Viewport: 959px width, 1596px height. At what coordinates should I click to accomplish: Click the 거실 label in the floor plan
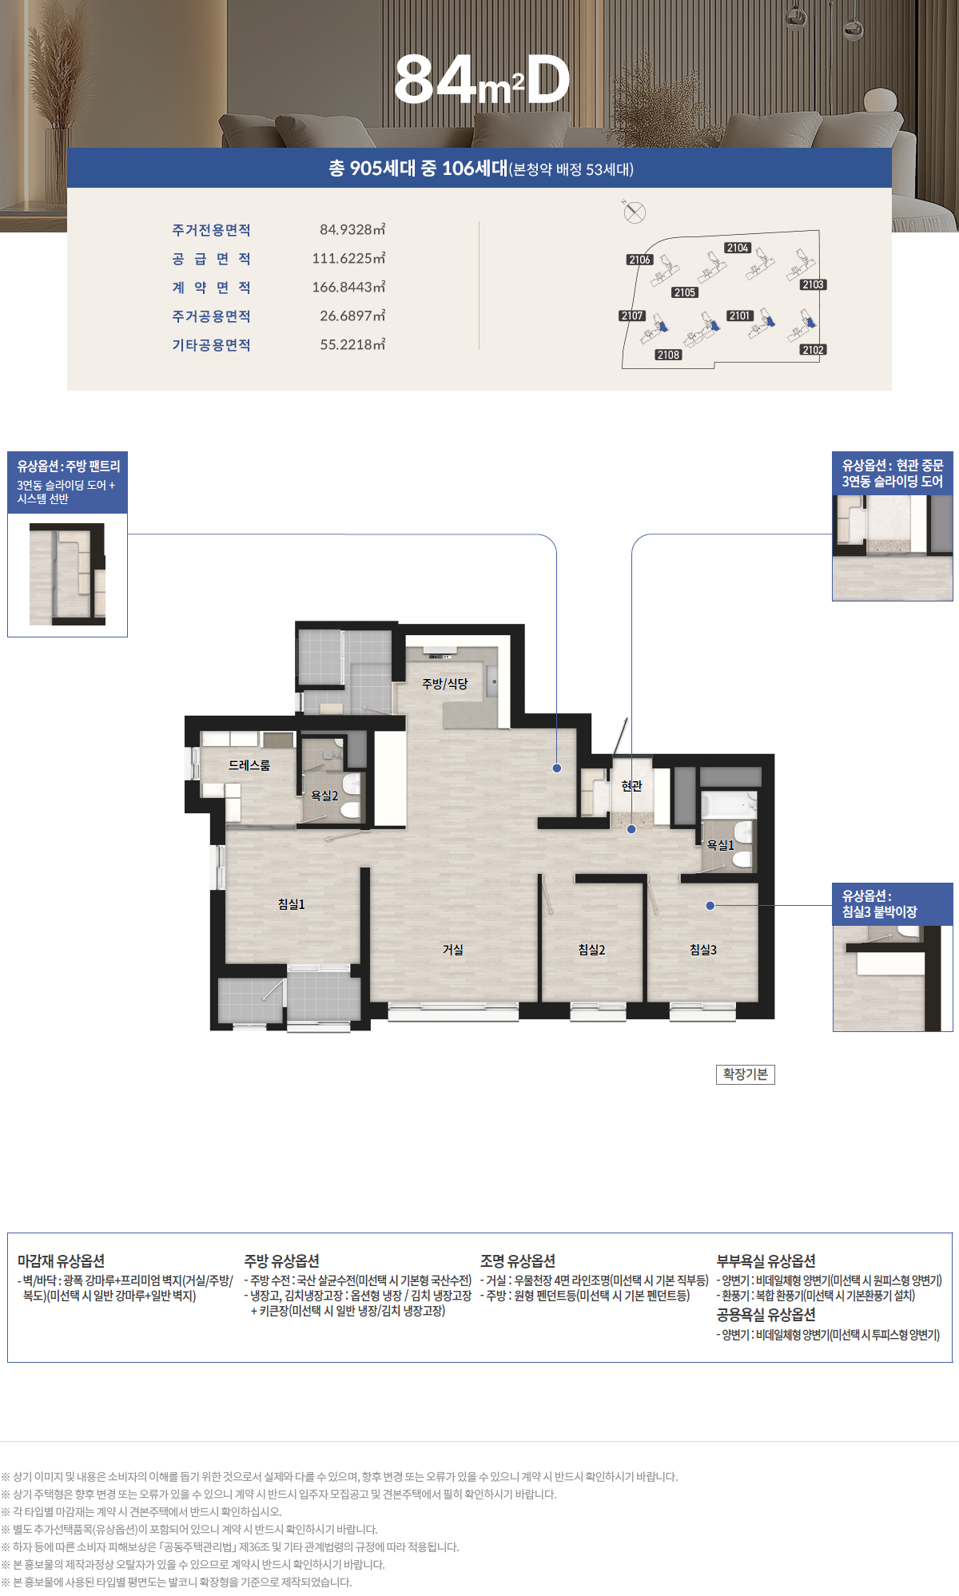pyautogui.click(x=453, y=950)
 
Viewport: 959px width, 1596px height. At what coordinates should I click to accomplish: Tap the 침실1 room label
pyautogui.click(x=292, y=904)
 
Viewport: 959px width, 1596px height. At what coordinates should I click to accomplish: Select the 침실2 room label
pyautogui.click(x=592, y=950)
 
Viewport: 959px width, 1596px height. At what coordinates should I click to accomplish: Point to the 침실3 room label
pyautogui.click(x=703, y=950)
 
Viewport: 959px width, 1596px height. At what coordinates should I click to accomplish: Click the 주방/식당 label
pyautogui.click(x=445, y=684)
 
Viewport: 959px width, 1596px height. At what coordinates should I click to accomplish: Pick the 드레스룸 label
pyautogui.click(x=249, y=765)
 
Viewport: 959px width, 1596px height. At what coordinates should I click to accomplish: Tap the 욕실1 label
pyautogui.click(x=720, y=844)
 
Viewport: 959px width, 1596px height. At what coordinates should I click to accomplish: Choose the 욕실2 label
pyautogui.click(x=324, y=796)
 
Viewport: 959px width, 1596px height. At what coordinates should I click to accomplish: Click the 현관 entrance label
pyautogui.click(x=631, y=786)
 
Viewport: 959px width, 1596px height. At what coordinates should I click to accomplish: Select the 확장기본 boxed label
pyautogui.click(x=746, y=1074)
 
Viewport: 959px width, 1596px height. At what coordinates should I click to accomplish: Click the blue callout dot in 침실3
pyautogui.click(x=710, y=906)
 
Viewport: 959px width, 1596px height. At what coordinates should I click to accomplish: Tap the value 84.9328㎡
pyautogui.click(x=352, y=230)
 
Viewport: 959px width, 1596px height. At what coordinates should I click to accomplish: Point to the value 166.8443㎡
pyautogui.click(x=349, y=288)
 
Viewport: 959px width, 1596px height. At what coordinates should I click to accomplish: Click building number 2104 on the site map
pyautogui.click(x=738, y=248)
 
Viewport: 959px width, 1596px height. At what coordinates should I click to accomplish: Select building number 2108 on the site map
pyautogui.click(x=668, y=355)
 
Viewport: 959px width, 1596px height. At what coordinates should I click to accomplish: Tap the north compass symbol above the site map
pyautogui.click(x=635, y=212)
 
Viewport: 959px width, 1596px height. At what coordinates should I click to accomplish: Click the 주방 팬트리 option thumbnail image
pyautogui.click(x=67, y=574)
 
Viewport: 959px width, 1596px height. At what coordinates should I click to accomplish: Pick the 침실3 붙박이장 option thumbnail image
pyautogui.click(x=893, y=979)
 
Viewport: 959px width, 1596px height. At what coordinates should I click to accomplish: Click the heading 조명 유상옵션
pyautogui.click(x=518, y=1261)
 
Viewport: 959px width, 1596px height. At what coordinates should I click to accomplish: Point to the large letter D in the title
pyautogui.click(x=548, y=81)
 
